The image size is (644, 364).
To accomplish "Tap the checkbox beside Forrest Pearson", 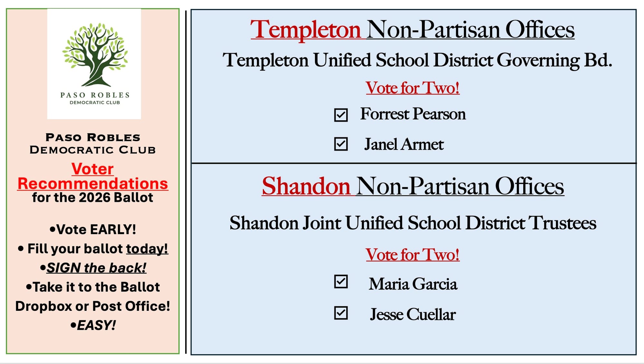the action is tap(341, 115).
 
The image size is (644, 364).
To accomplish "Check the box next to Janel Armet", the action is tap(341, 144).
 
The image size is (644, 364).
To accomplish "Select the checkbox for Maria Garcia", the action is tap(341, 281).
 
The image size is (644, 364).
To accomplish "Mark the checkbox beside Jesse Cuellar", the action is tap(341, 313).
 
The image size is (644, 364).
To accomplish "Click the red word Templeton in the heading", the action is tap(306, 30).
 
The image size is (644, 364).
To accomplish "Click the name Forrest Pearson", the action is tap(413, 114).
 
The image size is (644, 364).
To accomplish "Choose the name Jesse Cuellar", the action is tap(413, 314).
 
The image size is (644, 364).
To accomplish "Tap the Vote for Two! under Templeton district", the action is tap(412, 88).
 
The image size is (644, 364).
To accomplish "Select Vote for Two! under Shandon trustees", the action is tap(412, 254).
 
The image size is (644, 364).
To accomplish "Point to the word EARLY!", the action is tap(113, 230).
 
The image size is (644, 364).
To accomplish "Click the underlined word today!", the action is tap(147, 249).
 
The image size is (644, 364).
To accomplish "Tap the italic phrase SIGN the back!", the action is tap(96, 268).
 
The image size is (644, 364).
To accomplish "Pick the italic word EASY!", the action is tap(96, 325).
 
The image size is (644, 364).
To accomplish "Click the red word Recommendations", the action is tap(93, 183).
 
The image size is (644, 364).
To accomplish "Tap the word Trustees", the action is tap(563, 223).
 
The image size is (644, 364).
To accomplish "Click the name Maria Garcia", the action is tap(413, 284).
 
